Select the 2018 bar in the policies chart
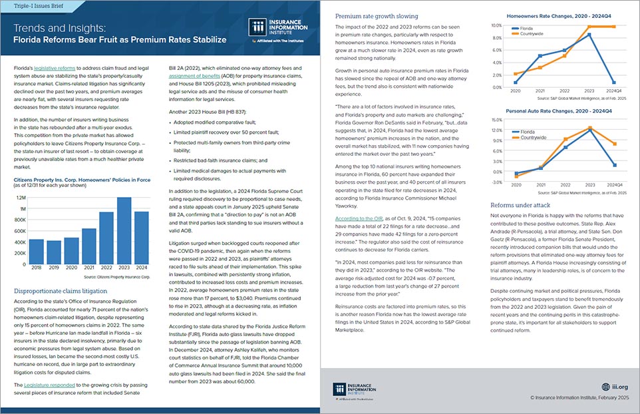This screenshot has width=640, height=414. (36, 249)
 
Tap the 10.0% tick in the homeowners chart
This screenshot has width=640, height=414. (496, 25)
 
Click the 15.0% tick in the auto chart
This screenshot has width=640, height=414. (496, 120)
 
